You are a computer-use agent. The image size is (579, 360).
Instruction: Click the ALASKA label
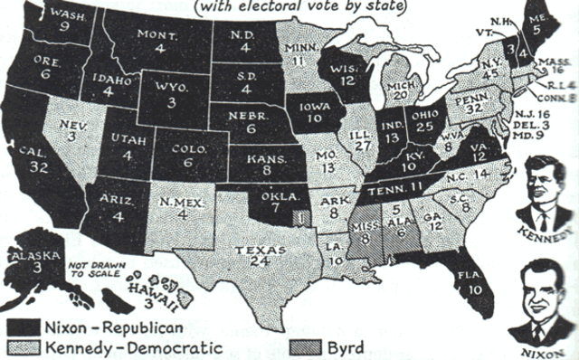click(x=27, y=256)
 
